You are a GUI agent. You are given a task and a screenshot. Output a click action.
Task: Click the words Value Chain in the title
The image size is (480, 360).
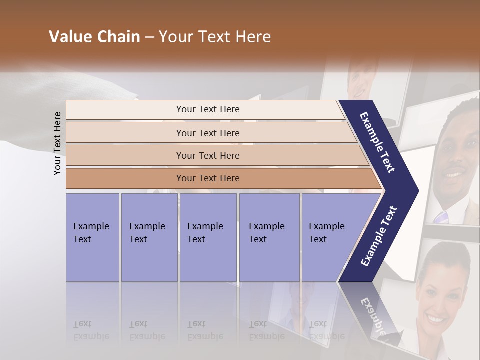point(94,37)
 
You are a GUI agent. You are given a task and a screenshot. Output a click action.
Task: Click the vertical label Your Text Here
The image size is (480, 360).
point(57,143)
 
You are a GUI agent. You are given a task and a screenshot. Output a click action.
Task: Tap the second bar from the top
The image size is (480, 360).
point(207,133)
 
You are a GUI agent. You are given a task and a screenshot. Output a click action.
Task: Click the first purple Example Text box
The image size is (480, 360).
point(92,237)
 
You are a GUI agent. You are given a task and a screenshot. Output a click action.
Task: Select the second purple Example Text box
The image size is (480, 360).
point(149,237)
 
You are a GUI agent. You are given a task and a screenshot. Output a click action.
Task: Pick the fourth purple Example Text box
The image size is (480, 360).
point(269,237)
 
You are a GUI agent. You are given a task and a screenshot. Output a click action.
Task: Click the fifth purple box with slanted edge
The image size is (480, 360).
point(330,237)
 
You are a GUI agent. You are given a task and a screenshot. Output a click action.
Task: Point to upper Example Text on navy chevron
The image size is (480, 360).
point(377,142)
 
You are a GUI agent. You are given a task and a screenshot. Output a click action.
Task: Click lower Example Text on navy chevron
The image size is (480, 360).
point(379,236)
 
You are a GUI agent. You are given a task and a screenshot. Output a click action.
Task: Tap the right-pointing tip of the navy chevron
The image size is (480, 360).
point(416,190)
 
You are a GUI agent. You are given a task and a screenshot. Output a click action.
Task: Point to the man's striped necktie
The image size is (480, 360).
point(442,216)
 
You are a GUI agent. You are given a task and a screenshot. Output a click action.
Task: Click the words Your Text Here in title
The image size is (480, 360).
point(215,37)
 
